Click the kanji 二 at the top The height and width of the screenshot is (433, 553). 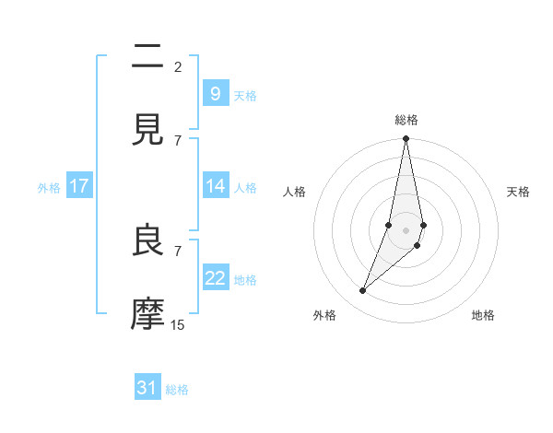148,57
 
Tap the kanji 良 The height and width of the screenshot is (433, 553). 148,241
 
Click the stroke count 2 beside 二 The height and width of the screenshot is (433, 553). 178,66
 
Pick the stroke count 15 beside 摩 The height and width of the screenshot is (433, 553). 178,324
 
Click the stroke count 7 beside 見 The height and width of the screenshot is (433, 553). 178,140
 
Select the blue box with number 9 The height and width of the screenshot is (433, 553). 215,93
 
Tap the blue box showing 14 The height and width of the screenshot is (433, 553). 215,186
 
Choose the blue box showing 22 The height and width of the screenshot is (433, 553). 215,278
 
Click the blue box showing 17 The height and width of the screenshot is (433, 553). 79,186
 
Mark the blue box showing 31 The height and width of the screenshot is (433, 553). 147,388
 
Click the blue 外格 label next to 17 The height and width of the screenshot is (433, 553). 49,187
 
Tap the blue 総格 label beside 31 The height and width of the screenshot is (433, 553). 177,390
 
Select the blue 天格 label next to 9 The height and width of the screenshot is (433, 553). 245,95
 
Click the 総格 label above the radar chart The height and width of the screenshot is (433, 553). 406,120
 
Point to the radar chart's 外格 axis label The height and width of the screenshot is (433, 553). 324,315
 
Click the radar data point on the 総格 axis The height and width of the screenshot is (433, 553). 406,139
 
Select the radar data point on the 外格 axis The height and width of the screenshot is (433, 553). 362,291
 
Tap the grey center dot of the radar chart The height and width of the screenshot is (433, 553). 406,230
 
